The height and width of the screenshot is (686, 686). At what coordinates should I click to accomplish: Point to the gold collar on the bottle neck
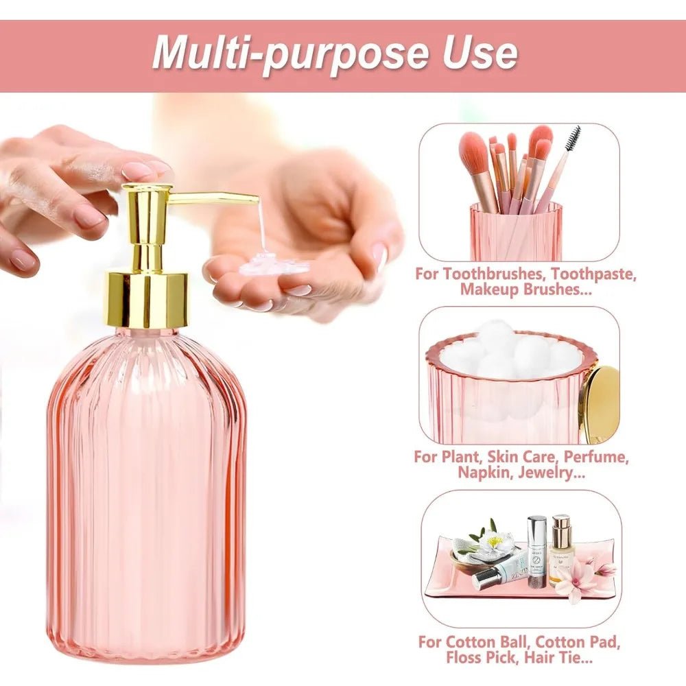click(148, 300)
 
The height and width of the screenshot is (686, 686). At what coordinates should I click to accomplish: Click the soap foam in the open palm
click(263, 264)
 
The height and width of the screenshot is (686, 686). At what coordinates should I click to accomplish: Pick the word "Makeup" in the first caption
click(488, 289)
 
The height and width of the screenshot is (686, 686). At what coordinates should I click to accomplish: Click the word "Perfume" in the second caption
click(596, 457)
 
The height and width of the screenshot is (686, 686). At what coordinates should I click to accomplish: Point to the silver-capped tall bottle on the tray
click(537, 552)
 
